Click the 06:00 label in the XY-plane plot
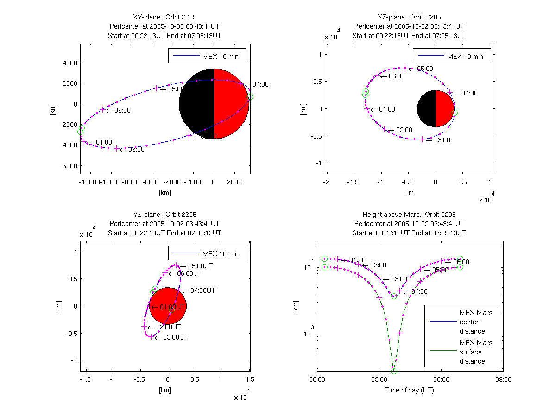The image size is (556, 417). pyautogui.click(x=123, y=110)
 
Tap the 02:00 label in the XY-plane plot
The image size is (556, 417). pyautogui.click(x=136, y=149)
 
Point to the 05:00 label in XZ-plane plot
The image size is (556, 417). pyautogui.click(x=425, y=69)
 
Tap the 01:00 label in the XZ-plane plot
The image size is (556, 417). pyautogui.click(x=387, y=109)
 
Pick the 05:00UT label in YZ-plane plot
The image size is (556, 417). pyautogui.click(x=200, y=266)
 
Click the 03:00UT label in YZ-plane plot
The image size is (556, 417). pyautogui.click(x=176, y=337)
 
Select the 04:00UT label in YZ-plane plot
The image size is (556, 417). pyautogui.click(x=203, y=291)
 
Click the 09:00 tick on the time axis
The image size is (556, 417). pyautogui.click(x=503, y=379)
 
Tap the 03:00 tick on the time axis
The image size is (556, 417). pyautogui.click(x=379, y=379)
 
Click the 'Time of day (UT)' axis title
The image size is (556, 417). pyautogui.click(x=410, y=390)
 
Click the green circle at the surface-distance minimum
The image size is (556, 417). pyautogui.click(x=394, y=371)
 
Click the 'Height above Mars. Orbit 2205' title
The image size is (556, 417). pyautogui.click(x=410, y=215)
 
